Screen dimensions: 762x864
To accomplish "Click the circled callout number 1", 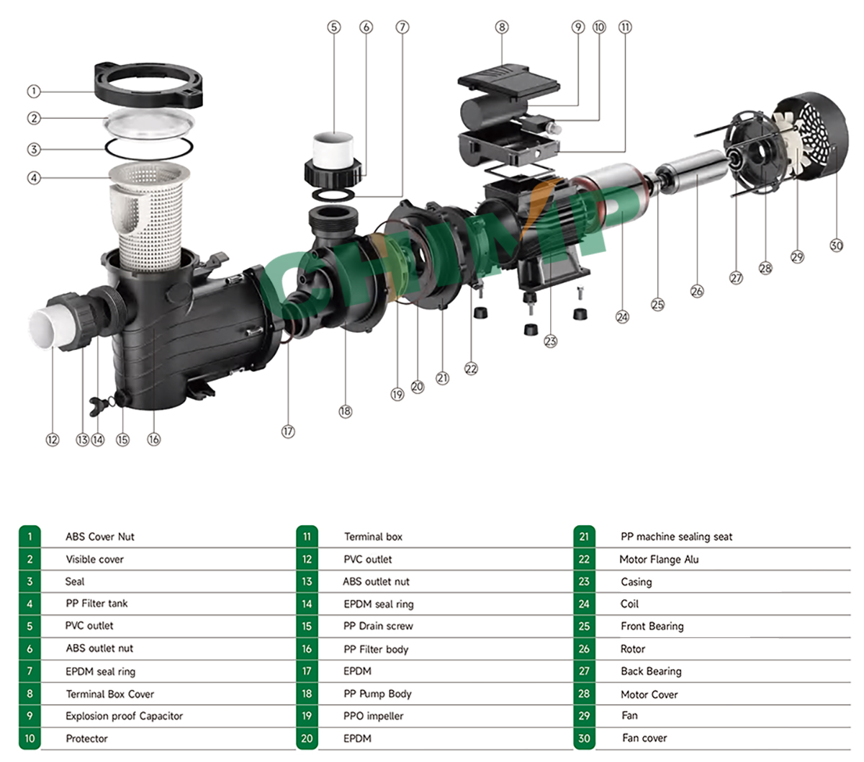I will (33, 91).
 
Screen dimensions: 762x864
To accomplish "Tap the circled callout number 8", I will (502, 27).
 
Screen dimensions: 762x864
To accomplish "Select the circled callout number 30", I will (836, 246).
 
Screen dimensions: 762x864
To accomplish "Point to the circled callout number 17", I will (288, 431).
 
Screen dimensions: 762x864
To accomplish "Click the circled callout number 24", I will (622, 317).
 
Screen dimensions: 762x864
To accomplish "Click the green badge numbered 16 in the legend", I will (307, 649).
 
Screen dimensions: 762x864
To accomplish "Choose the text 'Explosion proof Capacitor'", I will (124, 716).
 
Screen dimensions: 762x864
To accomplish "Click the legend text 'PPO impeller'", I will (373, 716).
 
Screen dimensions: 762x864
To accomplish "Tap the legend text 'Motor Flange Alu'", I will (659, 559).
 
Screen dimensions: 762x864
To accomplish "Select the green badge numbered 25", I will (584, 627).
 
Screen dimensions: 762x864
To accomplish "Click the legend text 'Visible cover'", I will (94, 559).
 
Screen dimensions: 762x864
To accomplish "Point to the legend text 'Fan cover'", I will (644, 738).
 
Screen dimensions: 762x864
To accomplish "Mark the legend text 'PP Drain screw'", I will (378, 626).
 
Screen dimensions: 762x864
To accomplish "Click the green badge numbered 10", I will (30, 738).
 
